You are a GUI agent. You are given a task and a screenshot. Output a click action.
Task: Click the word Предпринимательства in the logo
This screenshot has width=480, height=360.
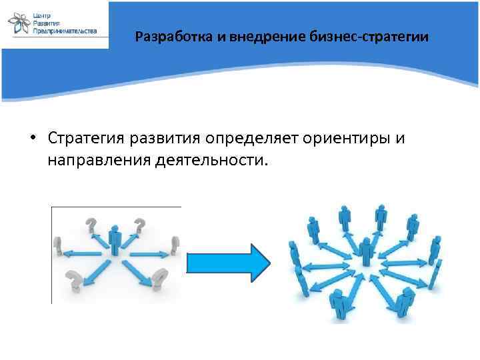65,31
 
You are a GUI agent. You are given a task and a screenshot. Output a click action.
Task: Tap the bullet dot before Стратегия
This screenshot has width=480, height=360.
32,139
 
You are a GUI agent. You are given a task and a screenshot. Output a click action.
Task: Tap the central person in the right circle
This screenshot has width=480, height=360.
365,252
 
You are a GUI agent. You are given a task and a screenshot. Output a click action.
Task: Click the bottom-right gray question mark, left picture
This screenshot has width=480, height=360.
160,277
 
